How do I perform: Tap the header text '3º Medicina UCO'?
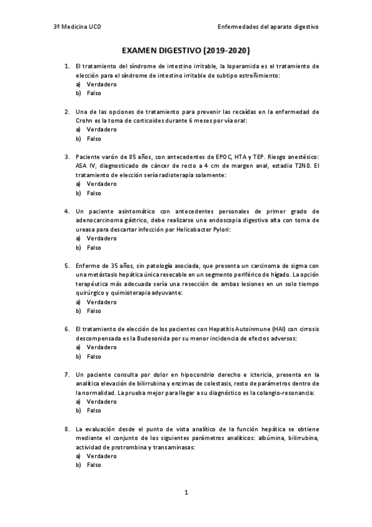coord(75,27)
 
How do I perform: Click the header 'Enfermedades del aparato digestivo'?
coord(268,27)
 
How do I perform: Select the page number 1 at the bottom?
coord(186,492)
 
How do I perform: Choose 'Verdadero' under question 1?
coord(102,84)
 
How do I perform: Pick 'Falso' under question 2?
coord(94,139)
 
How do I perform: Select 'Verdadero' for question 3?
coord(102,184)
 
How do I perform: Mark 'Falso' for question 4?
coord(94,247)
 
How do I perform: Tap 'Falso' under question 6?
coord(94,357)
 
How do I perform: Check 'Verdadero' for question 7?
coord(102,402)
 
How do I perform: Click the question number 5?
coord(67,265)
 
